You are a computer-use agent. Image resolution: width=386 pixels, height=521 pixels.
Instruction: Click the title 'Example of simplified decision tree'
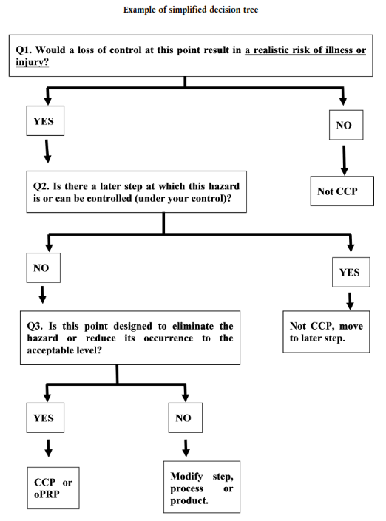tap(191, 10)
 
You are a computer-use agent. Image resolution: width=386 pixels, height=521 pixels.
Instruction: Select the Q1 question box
tap(191, 55)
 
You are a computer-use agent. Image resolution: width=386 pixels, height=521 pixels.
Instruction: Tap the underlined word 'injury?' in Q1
tap(33, 62)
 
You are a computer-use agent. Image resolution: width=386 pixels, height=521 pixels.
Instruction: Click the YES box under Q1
tap(45, 121)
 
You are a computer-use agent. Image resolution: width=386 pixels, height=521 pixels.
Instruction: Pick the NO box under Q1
tap(346, 126)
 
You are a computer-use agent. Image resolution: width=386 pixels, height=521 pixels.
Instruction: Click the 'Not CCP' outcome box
tap(342, 191)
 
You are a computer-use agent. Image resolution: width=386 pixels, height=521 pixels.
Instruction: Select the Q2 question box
tap(136, 191)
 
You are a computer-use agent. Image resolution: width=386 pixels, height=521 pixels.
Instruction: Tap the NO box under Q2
tap(43, 268)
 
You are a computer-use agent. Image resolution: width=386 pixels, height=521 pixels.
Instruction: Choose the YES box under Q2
tap(351, 272)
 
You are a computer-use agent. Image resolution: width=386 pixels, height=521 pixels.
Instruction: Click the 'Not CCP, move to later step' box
tap(326, 332)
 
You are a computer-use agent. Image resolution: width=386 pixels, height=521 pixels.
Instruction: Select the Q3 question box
tap(130, 338)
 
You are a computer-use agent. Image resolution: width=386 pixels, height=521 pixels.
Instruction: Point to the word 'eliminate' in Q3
tap(193, 327)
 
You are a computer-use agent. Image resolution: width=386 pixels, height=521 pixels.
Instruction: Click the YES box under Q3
tap(45, 418)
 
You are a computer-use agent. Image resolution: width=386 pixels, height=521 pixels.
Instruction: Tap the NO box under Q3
tap(186, 418)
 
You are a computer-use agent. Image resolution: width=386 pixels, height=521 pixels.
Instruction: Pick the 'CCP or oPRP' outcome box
tap(53, 488)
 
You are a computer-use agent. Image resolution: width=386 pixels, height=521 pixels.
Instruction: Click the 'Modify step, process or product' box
tap(202, 487)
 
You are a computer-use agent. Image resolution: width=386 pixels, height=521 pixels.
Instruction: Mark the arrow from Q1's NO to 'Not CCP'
tap(344, 160)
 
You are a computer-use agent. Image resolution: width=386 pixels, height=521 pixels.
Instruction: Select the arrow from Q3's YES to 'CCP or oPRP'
tap(49, 449)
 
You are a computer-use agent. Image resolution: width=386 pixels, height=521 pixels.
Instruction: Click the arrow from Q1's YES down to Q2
tap(47, 151)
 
